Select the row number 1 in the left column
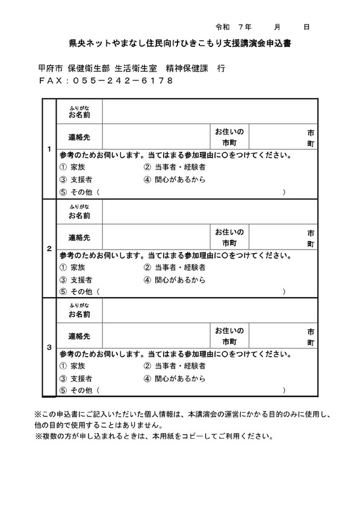coord(49,149)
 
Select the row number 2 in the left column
coord(49,248)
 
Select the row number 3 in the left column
coord(49,348)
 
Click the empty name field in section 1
coord(209,111)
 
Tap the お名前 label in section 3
coord(79,314)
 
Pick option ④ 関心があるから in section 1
coord(175,180)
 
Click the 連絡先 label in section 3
coord(79,336)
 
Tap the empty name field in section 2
coord(209,211)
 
